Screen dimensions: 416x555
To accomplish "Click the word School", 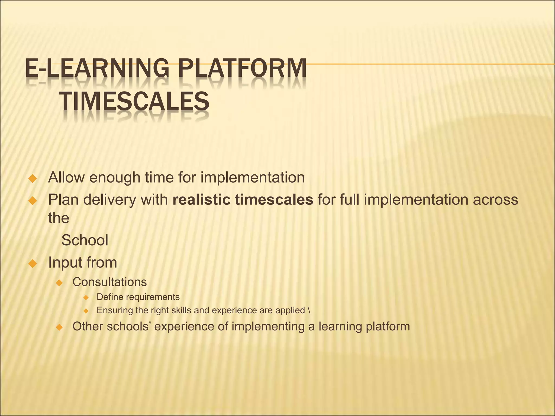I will point(85,240).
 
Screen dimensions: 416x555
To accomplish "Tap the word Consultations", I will point(109,282).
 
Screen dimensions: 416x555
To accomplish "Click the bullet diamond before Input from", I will point(33,264).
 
